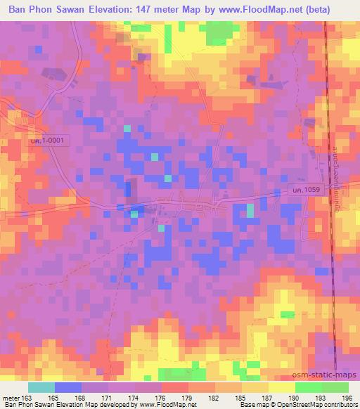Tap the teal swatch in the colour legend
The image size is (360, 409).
[41, 387]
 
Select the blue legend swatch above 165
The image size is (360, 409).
[67, 387]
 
